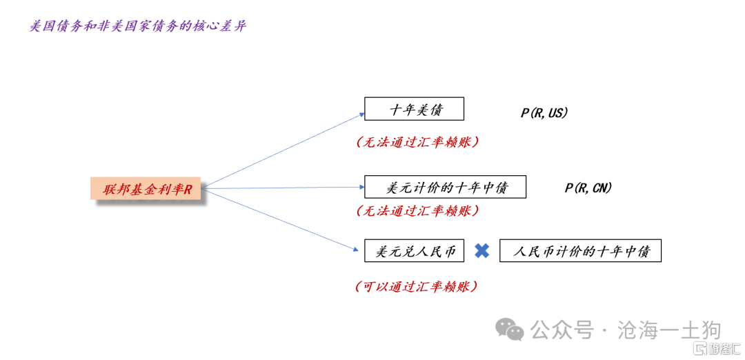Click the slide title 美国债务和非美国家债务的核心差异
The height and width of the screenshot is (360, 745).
138,26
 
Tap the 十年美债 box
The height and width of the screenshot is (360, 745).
414,109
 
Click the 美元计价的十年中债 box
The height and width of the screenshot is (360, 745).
445,187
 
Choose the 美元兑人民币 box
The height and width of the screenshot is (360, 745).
414,250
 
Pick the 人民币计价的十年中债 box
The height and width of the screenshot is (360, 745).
580,250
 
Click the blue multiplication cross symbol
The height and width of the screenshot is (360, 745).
481,251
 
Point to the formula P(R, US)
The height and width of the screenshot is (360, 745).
544,113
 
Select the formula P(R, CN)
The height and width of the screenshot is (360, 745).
588,188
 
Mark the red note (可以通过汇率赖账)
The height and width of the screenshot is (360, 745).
416,286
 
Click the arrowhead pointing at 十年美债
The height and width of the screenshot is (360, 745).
361,114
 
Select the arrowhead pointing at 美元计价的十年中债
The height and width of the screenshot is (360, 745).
361,187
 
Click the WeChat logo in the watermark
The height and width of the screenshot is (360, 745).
510,329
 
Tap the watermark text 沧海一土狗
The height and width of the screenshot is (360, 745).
670,330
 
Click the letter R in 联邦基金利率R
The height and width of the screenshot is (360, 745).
188,189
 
